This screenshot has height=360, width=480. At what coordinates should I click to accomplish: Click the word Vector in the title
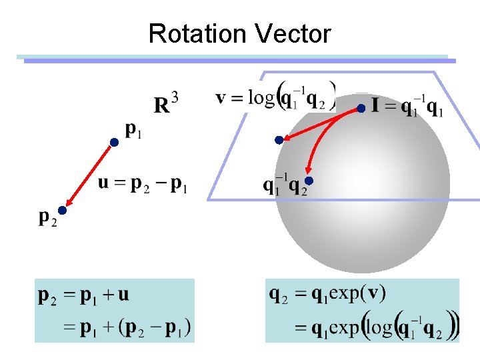pyautogui.click(x=290, y=33)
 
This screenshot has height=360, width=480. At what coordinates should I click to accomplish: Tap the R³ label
pyautogui.click(x=166, y=103)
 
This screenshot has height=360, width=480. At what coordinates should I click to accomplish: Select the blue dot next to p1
pyautogui.click(x=115, y=143)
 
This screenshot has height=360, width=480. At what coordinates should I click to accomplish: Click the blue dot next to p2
pyautogui.click(x=61, y=211)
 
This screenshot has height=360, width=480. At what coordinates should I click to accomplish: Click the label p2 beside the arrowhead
pyautogui.click(x=47, y=217)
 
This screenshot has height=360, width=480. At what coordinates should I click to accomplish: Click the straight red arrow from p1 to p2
pyautogui.click(x=89, y=175)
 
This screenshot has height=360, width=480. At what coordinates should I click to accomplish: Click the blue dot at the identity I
pyautogui.click(x=361, y=108)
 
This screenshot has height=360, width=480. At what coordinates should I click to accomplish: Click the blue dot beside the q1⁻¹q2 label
pyautogui.click(x=309, y=181)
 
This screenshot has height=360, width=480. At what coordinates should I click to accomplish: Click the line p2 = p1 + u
pyautogui.click(x=84, y=295)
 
